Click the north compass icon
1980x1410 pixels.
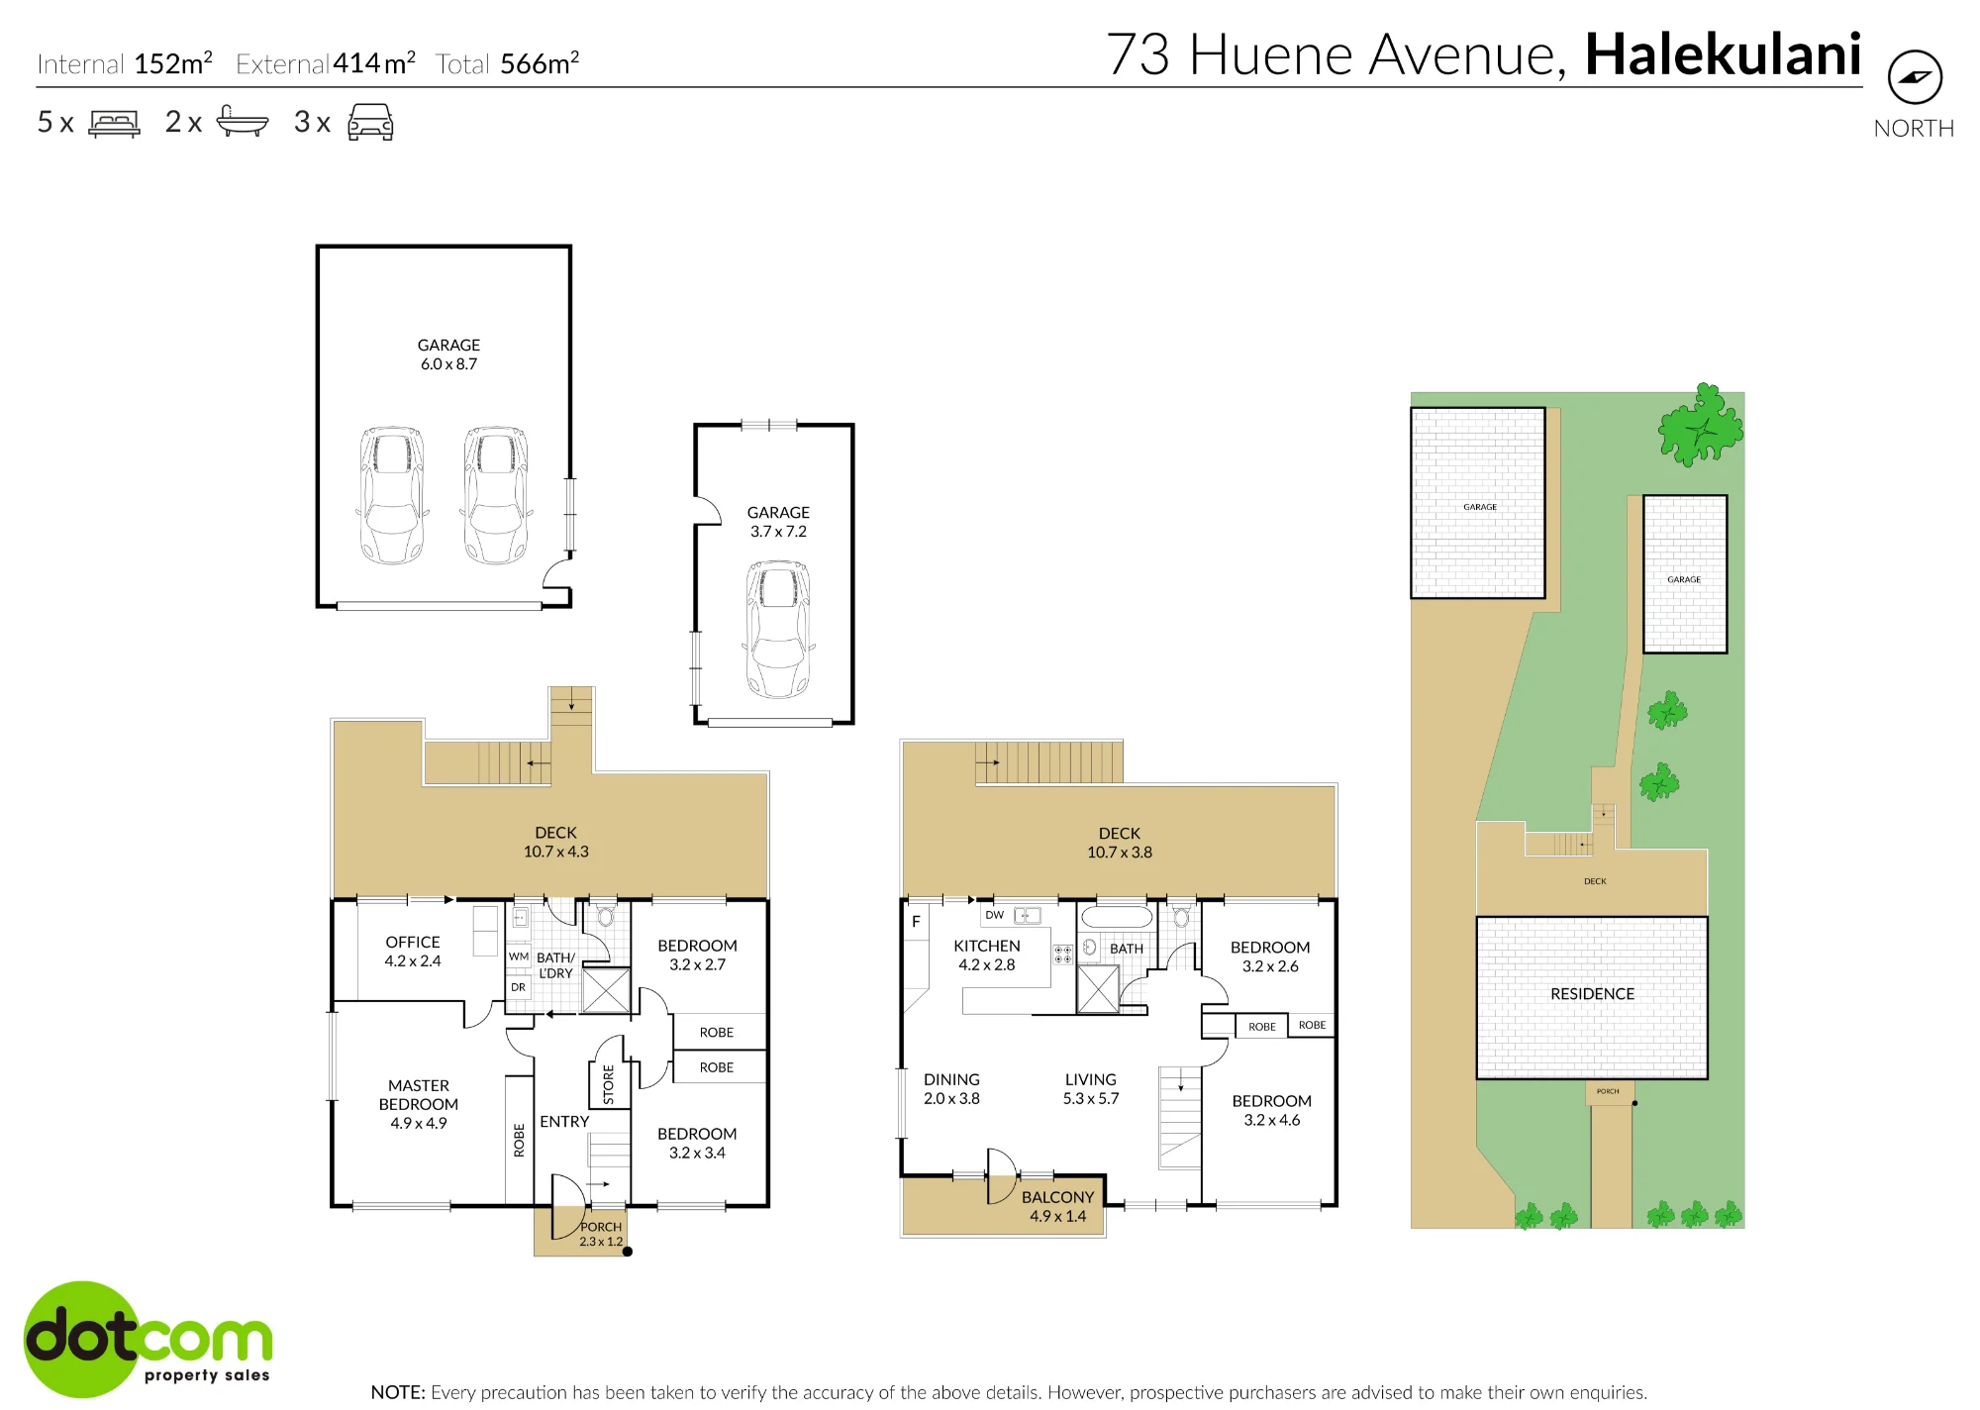click(x=1915, y=77)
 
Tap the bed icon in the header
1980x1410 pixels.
click(x=115, y=123)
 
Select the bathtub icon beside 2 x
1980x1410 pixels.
click(x=243, y=121)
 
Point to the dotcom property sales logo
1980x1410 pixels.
click(x=148, y=1339)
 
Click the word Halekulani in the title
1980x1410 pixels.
click(x=1724, y=54)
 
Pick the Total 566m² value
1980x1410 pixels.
click(x=540, y=63)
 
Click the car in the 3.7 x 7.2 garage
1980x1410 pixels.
click(x=778, y=630)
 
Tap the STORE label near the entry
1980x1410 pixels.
click(x=609, y=1085)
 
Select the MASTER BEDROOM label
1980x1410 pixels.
click(x=419, y=1095)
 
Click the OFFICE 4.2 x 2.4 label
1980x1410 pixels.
click(x=413, y=952)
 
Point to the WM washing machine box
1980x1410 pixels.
click(x=519, y=957)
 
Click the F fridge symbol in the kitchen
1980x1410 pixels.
click(x=916, y=921)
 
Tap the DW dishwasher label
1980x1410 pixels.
click(x=995, y=915)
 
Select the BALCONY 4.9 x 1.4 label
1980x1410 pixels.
click(x=1058, y=1206)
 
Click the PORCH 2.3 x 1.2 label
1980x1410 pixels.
click(x=601, y=1234)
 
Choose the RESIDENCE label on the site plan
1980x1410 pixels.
click(x=1593, y=993)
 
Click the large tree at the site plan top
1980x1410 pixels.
click(x=1701, y=425)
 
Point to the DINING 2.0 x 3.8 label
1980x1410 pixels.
click(x=951, y=1089)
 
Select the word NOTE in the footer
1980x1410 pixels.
click(x=398, y=1392)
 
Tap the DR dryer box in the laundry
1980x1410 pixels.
click(x=519, y=987)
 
